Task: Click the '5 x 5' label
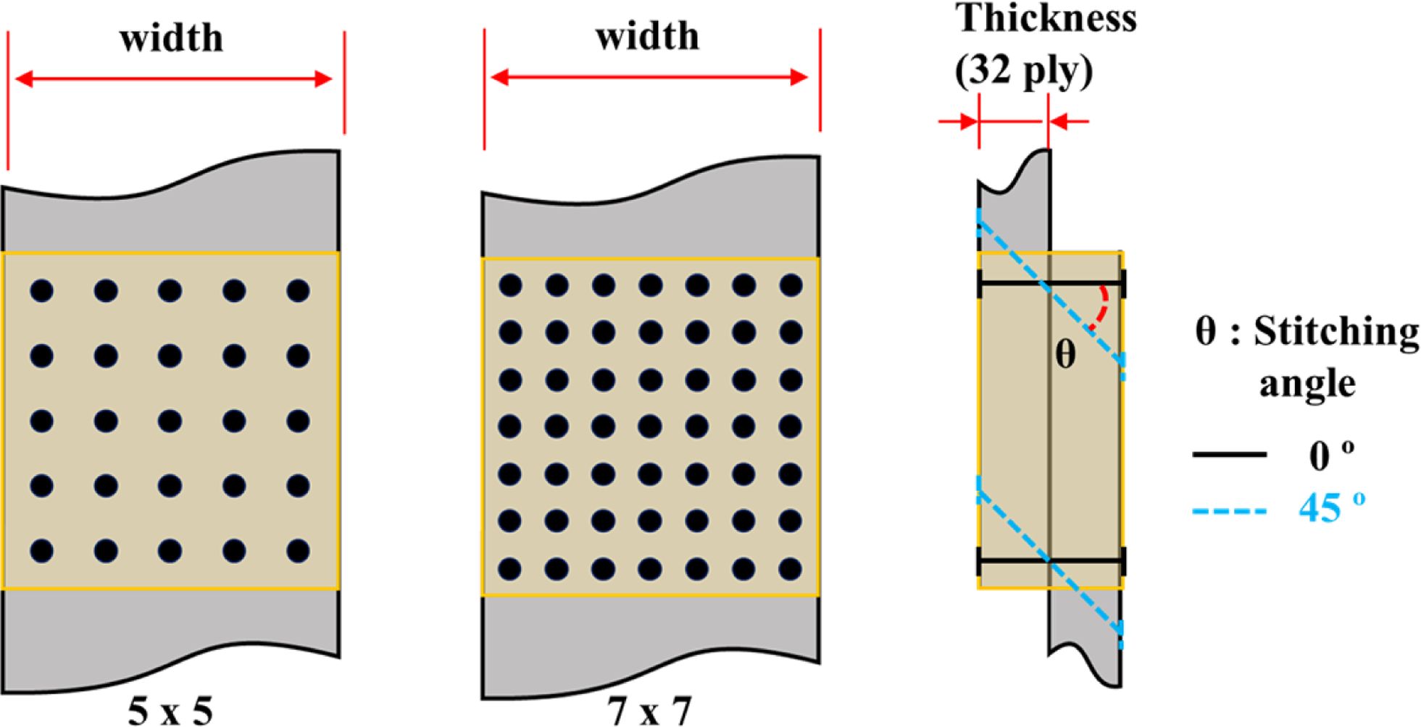(170, 711)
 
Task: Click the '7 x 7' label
(650, 711)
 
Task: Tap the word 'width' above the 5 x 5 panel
(172, 38)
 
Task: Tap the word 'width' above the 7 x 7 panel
(648, 36)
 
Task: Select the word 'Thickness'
(1046, 18)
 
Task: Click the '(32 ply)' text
(1023, 71)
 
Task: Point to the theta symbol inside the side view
(1065, 355)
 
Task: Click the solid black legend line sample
(1230, 455)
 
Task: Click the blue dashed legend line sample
(1230, 511)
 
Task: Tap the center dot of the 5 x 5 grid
(170, 421)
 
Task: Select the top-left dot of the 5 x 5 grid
(41, 291)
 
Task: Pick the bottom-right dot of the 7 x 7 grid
(791, 568)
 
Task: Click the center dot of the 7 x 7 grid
(651, 426)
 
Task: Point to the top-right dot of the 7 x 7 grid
(791, 285)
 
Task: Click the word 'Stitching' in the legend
(1336, 332)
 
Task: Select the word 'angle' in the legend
(1307, 384)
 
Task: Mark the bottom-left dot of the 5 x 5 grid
(41, 551)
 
